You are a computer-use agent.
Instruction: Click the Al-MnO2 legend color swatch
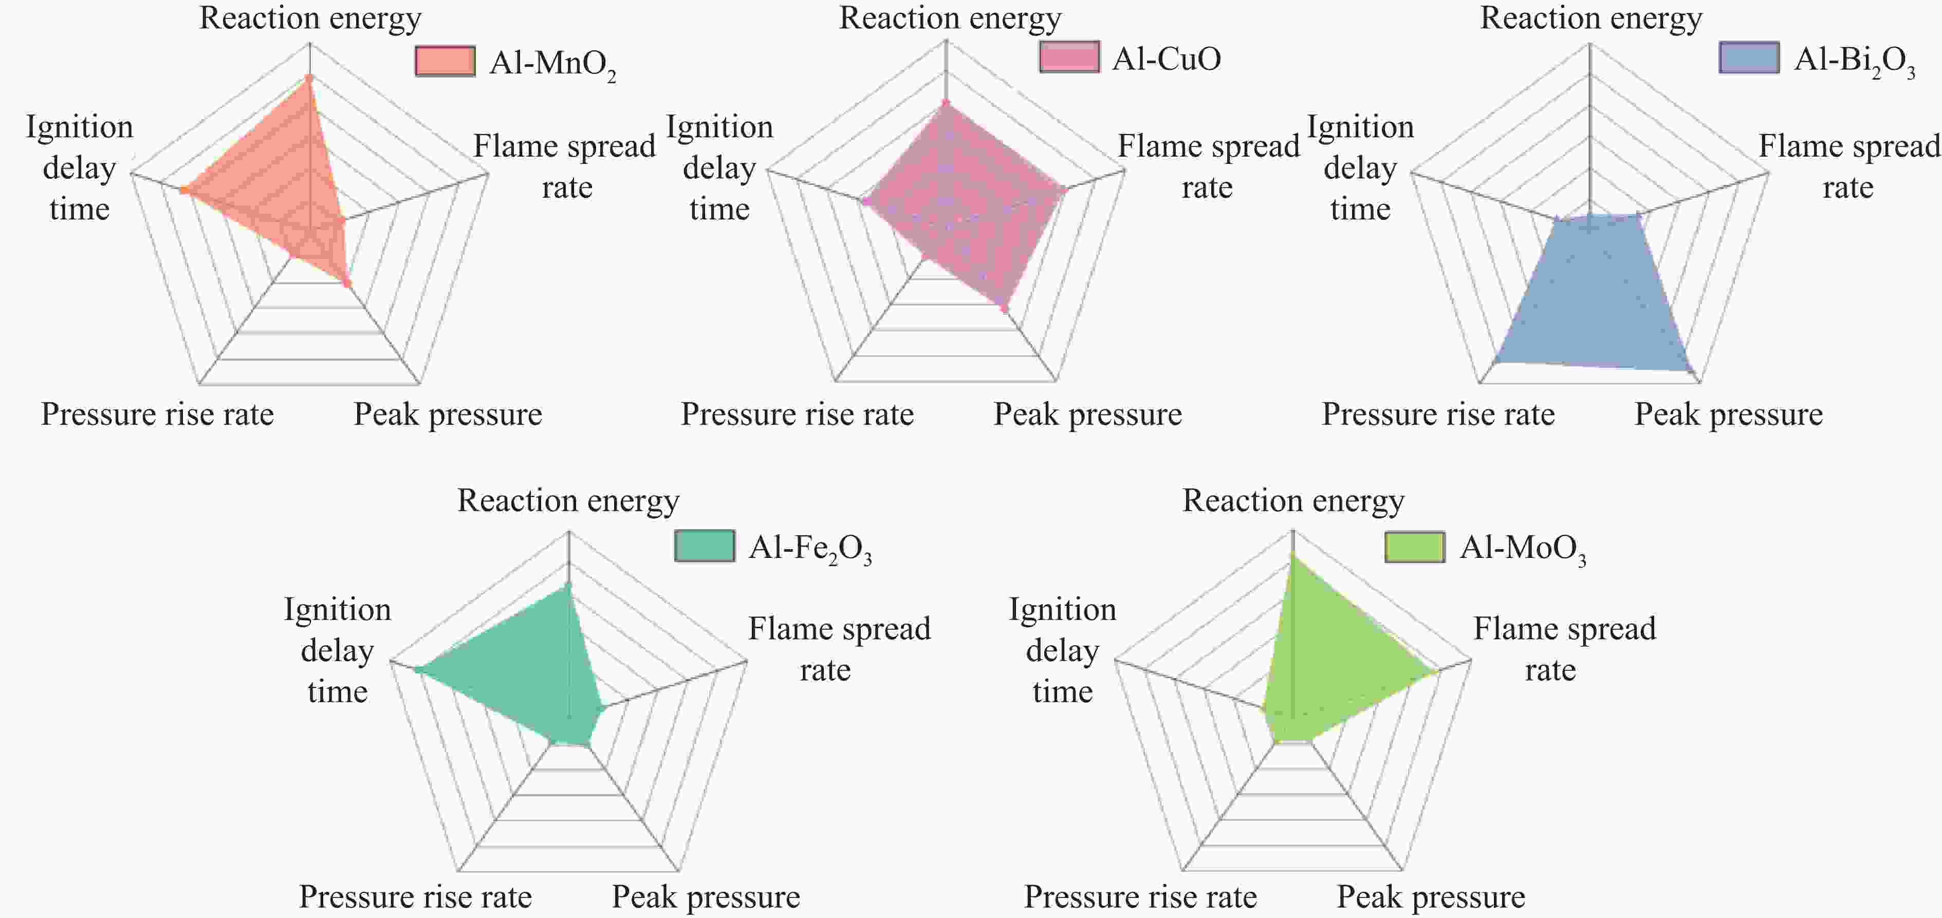pyautogui.click(x=445, y=61)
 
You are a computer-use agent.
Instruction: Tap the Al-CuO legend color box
pyautogui.click(x=1069, y=58)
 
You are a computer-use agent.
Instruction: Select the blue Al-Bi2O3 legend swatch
pyautogui.click(x=1749, y=58)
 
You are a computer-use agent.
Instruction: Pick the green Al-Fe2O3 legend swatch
pyautogui.click(x=704, y=546)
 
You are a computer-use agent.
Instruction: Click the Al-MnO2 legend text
pyautogui.click(x=552, y=63)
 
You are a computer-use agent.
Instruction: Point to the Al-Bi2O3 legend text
pyautogui.click(x=1855, y=60)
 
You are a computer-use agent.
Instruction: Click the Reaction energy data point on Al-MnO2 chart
pyautogui.click(x=309, y=78)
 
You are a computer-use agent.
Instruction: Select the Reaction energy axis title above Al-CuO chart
pyautogui.click(x=950, y=18)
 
